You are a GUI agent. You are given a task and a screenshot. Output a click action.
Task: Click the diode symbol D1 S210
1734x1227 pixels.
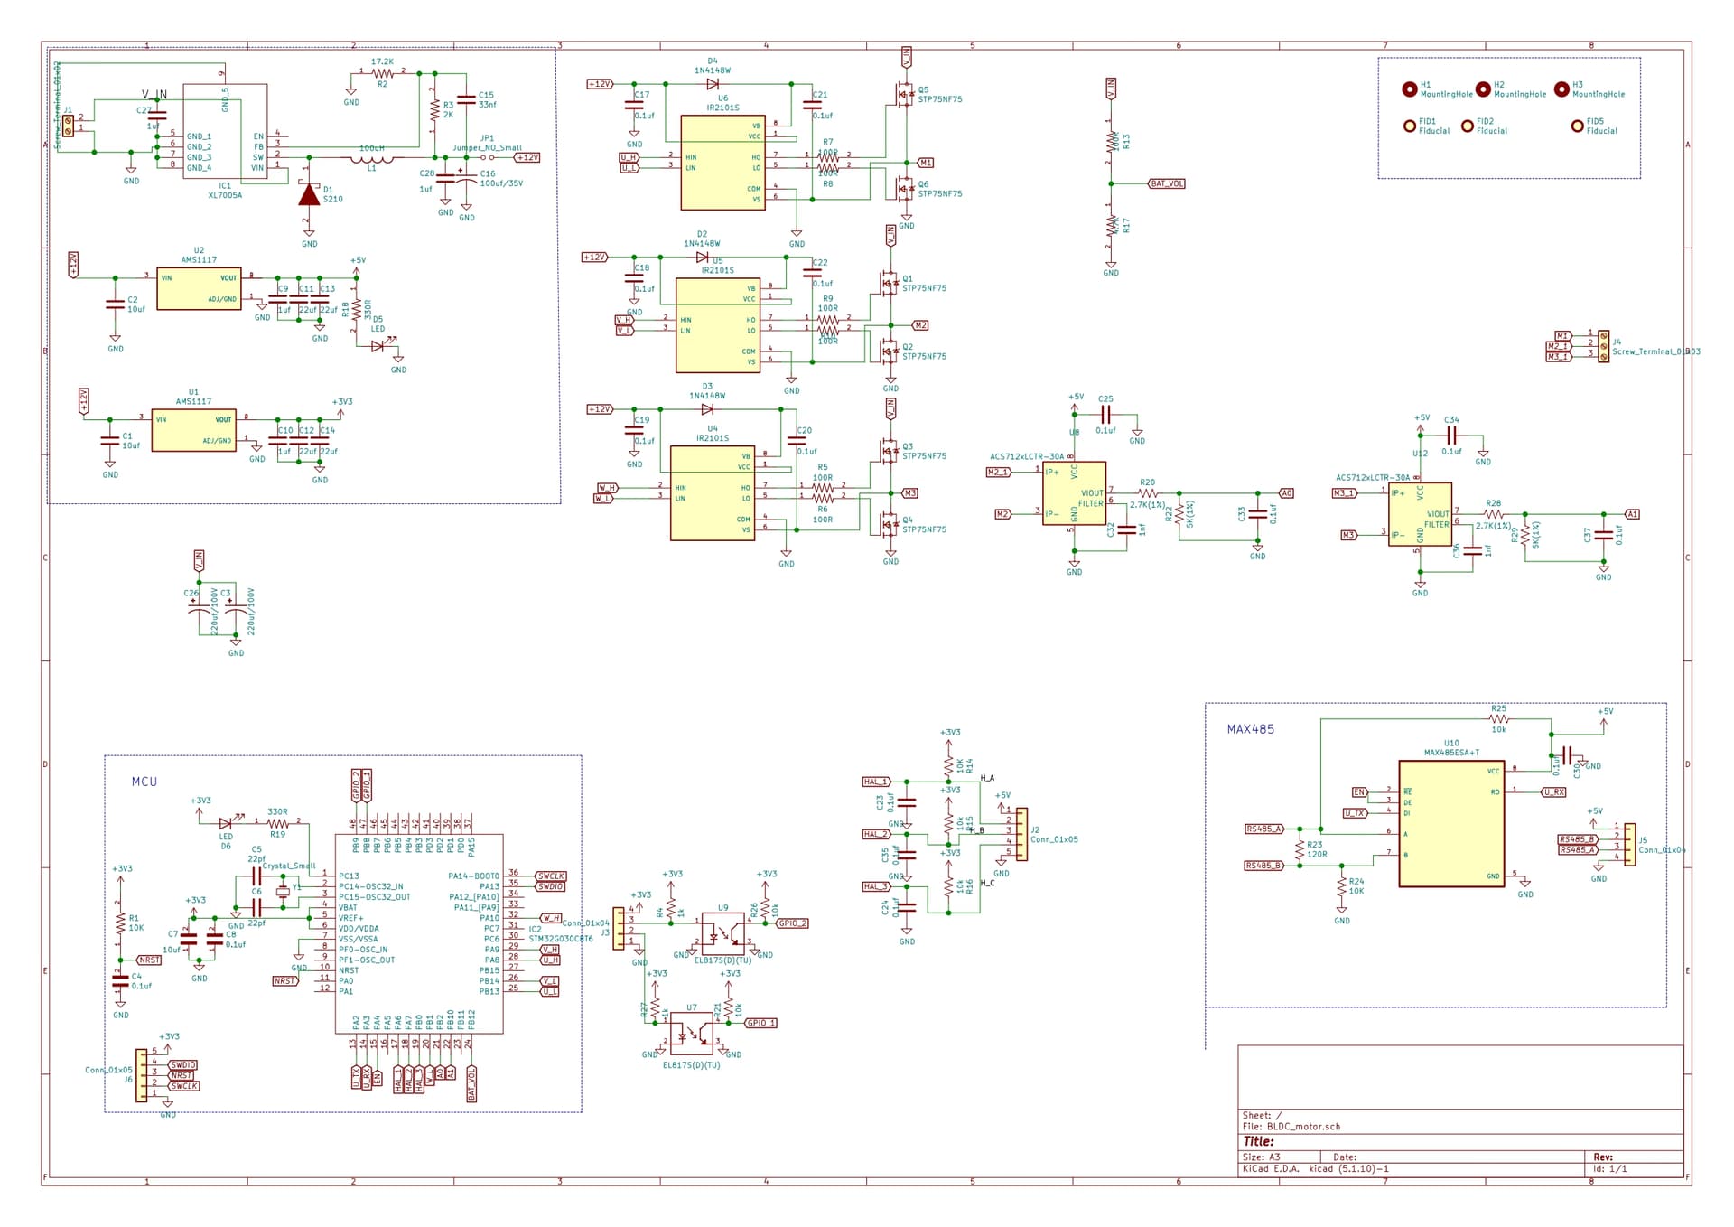[309, 194]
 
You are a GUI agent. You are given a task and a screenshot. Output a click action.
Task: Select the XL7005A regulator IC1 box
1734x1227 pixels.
[225, 131]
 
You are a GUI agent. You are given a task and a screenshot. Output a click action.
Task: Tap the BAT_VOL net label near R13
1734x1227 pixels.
[1166, 183]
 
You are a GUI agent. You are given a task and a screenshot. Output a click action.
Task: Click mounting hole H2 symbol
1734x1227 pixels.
[1483, 89]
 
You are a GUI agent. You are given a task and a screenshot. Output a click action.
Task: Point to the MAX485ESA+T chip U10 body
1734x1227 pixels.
[1450, 823]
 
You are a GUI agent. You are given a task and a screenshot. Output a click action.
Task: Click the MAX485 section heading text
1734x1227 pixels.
[1250, 729]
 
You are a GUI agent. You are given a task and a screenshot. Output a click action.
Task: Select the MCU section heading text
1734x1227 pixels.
[144, 782]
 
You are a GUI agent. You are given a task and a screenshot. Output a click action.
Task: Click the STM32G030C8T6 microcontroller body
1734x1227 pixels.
[418, 933]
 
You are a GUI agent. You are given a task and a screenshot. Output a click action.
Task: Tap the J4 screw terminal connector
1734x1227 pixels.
[1603, 346]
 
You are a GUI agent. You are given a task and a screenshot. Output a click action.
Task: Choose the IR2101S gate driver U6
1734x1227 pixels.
[722, 163]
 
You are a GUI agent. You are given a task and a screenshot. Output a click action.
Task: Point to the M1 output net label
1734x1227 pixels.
[926, 163]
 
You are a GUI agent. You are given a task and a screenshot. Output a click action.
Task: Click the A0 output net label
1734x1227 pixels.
[1287, 493]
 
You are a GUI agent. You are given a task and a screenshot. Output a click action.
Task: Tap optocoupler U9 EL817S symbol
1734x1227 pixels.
[722, 928]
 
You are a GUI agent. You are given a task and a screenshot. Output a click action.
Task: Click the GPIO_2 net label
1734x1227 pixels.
[792, 923]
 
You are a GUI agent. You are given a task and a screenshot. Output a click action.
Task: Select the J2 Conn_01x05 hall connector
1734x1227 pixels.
[1021, 833]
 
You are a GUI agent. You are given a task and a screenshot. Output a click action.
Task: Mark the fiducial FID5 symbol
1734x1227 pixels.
[1577, 126]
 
